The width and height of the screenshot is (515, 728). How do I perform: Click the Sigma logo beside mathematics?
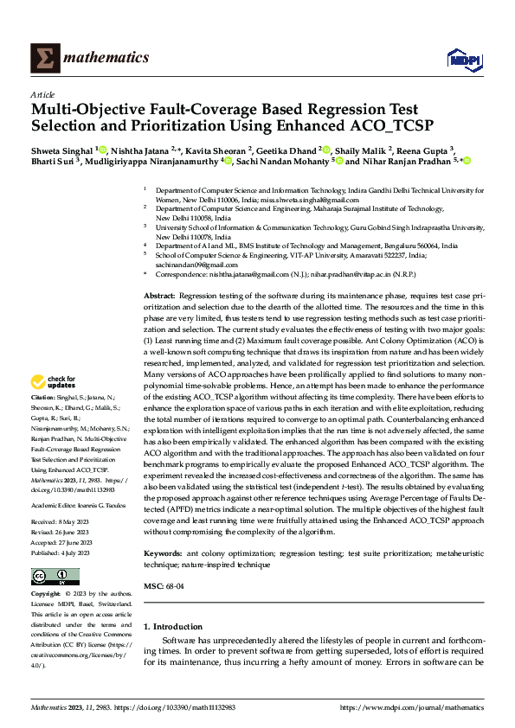(42, 58)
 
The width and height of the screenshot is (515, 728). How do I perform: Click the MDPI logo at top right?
(460, 59)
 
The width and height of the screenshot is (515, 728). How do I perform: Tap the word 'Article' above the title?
(42, 94)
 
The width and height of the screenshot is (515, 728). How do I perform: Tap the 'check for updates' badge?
(54, 381)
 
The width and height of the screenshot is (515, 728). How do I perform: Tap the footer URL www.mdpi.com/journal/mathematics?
(411, 706)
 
